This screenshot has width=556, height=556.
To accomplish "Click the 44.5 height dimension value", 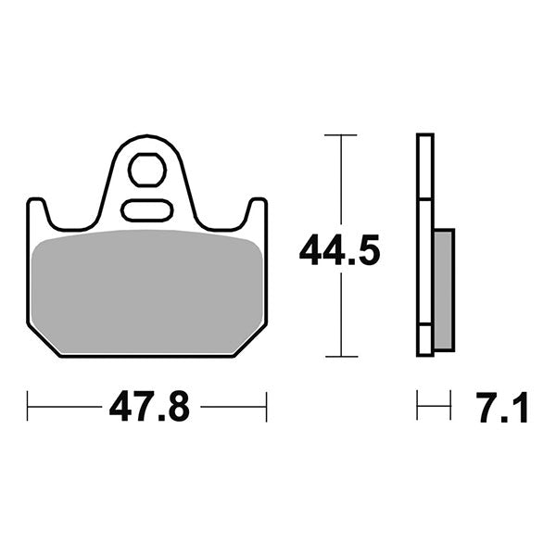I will pos(339,250).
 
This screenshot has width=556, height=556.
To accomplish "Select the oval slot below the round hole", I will pos(146,209).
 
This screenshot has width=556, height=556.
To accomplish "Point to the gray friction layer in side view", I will pos(443,289).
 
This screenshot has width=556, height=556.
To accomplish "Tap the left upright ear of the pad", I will pos(38,212).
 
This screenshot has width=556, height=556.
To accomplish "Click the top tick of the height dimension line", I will pos(342,135).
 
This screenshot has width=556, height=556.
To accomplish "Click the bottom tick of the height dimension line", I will pos(342,356).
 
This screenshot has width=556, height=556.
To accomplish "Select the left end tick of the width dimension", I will pos(28,406).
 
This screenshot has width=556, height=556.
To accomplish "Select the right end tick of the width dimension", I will pos(266,406).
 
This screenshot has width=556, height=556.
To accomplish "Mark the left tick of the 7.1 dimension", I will pos(418,405).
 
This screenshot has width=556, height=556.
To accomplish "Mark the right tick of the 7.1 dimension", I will pos(451,405).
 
